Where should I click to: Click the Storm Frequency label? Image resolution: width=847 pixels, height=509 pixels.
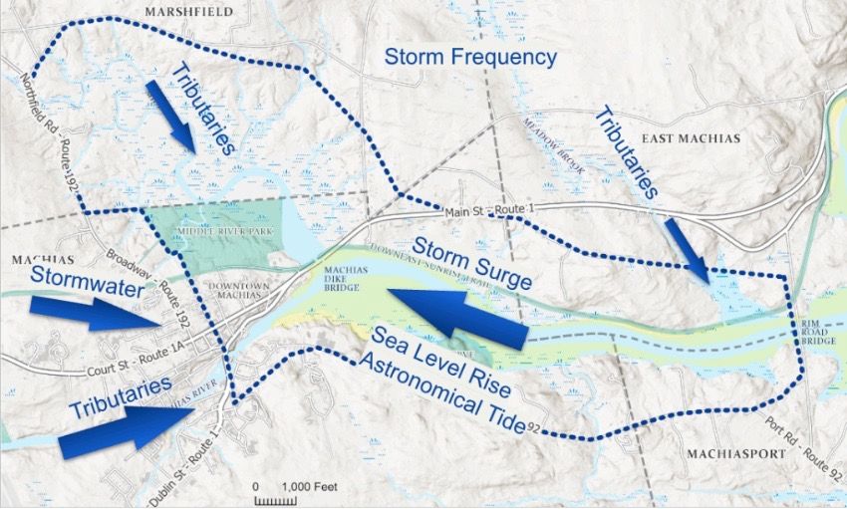pyautogui.click(x=471, y=58)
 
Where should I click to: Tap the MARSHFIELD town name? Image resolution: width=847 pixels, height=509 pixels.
pyautogui.click(x=189, y=11)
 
